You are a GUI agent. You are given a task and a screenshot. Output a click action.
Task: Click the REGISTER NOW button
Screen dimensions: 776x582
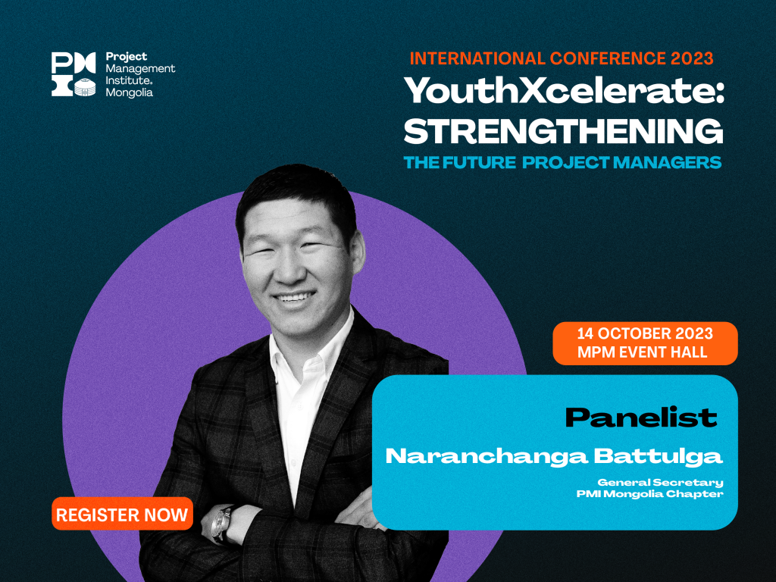(122, 514)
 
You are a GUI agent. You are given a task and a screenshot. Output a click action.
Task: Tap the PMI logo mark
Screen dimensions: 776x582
(74, 74)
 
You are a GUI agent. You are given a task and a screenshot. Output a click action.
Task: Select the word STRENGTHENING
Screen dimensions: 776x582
(563, 130)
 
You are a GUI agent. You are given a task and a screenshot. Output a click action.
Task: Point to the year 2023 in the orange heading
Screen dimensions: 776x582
(692, 58)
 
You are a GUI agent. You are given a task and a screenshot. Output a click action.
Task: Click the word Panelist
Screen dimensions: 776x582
(641, 418)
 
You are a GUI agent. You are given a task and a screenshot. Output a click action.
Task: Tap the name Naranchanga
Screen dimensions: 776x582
(487, 456)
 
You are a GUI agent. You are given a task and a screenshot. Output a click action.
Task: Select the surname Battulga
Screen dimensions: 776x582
(659, 456)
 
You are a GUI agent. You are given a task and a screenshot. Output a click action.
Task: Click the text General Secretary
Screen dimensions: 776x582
(660, 482)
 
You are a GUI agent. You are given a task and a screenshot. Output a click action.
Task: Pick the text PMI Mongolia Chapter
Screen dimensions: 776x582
(649, 494)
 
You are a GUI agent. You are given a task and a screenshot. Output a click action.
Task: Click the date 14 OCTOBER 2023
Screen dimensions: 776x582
(645, 333)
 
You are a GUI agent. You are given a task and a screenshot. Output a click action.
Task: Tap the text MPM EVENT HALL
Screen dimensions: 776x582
(643, 352)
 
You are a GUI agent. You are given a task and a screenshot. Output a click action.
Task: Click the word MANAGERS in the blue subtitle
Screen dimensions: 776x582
(667, 162)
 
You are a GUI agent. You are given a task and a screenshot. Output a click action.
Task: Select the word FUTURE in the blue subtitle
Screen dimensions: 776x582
(479, 162)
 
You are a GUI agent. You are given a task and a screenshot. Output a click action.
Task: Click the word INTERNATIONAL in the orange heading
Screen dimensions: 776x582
(477, 58)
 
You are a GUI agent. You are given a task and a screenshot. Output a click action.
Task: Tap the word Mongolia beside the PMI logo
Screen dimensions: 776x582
(129, 92)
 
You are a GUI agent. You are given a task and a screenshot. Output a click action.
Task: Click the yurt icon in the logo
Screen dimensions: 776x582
(85, 87)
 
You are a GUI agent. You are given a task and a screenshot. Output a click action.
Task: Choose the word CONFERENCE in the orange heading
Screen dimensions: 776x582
(608, 58)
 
